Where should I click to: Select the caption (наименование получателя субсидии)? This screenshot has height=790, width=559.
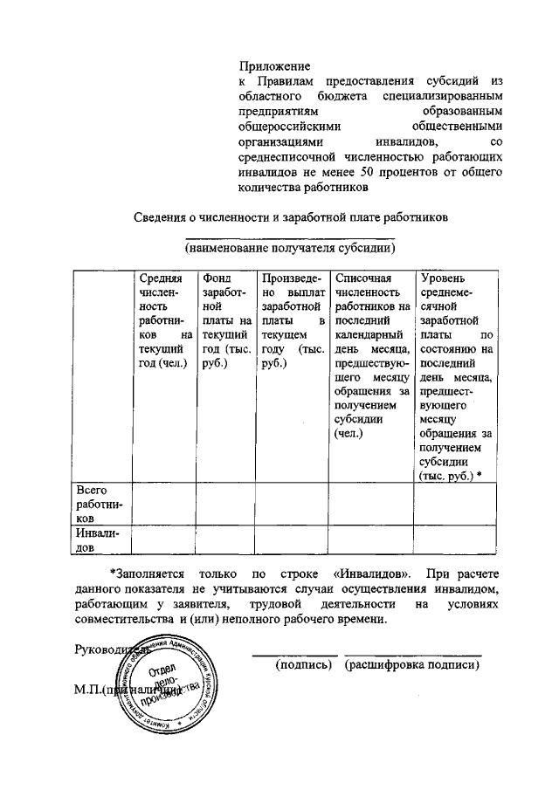289,248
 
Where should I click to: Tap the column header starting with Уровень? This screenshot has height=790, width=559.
457,376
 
